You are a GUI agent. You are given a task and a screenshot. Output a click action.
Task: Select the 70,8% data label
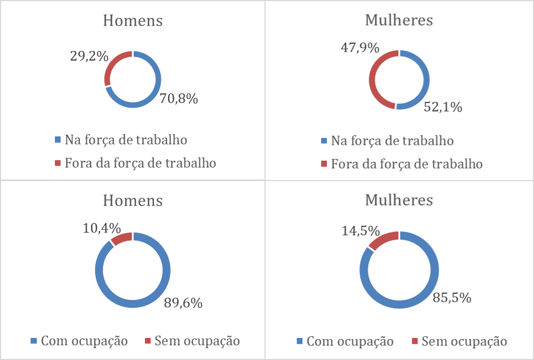pos(178,99)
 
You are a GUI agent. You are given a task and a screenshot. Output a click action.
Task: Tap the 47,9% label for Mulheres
pos(359,48)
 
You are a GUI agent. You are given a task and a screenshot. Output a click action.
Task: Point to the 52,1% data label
pos(443,106)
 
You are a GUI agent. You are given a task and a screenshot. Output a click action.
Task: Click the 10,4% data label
pos(102,228)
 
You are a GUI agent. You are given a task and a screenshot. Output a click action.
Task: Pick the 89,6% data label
pos(183,303)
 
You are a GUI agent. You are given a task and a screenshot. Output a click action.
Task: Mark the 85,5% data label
pos(452,297)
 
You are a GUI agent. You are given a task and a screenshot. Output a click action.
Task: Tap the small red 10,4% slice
pos(121,238)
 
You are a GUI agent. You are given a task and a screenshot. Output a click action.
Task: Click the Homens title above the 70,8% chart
pos(133,21)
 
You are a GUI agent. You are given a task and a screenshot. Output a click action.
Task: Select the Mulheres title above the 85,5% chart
pos(399,200)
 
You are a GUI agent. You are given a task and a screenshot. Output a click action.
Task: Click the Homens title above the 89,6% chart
pos(133,200)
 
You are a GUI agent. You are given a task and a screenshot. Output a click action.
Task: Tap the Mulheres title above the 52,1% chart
pos(399,20)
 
